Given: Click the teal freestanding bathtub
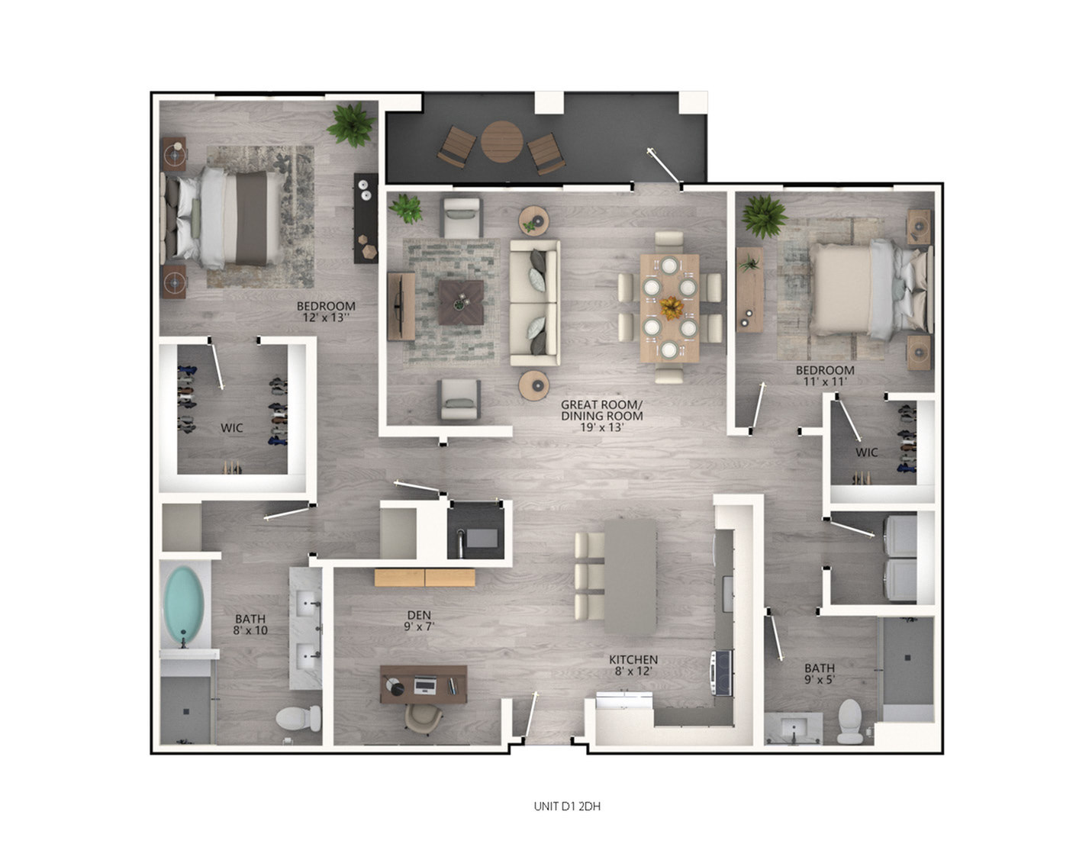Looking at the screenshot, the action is tap(184, 604).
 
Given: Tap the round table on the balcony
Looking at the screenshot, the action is tap(501, 141).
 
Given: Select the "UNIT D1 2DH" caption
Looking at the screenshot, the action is tap(566, 806).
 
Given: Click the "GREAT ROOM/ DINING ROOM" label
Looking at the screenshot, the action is tap(601, 410).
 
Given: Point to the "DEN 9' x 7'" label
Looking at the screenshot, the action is tap(419, 620).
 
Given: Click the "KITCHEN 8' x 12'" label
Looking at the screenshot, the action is tap(633, 665).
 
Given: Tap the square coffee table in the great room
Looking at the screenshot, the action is tap(461, 302).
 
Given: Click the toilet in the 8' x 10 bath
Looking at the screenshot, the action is tap(299, 719).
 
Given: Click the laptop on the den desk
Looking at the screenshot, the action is tap(426, 684).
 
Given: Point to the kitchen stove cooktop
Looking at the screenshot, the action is tap(723, 672).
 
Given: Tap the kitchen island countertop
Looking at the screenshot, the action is tap(630, 577).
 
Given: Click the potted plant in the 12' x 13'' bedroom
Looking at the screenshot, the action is tap(351, 124).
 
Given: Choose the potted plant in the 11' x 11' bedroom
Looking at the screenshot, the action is tap(763, 216).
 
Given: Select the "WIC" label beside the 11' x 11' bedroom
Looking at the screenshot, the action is tap(866, 452).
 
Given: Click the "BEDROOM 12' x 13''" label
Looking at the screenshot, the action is tap(326, 311).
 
